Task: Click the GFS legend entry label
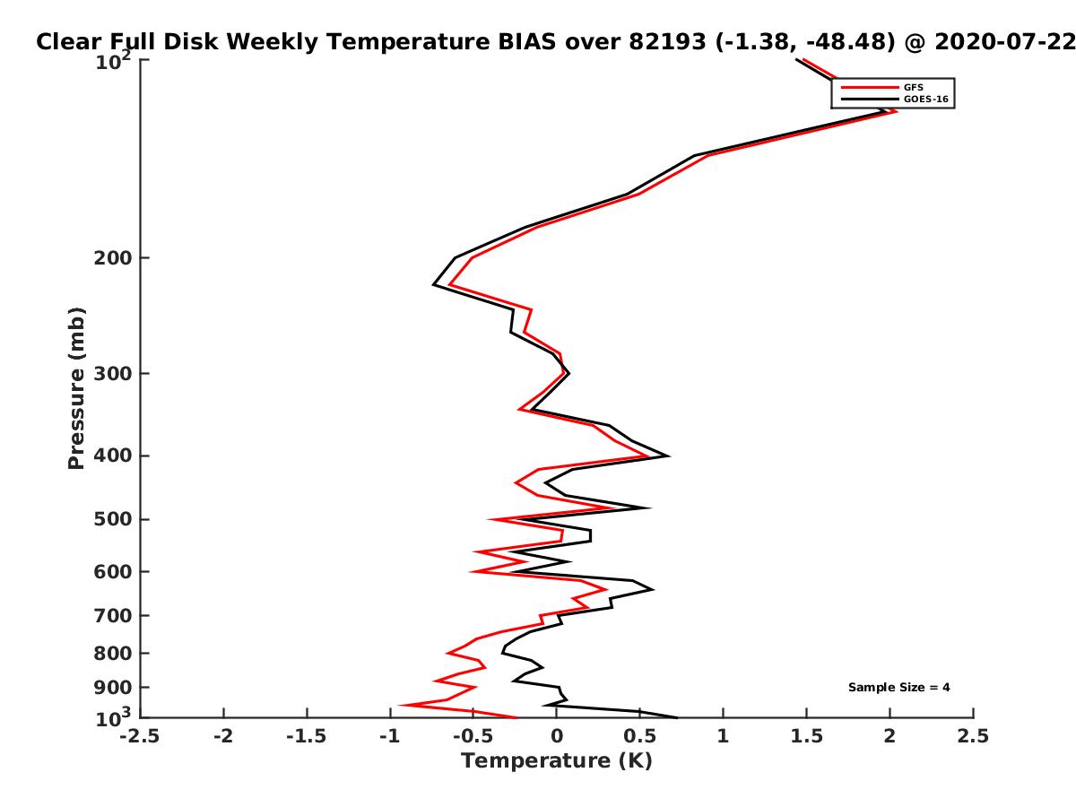(x=913, y=87)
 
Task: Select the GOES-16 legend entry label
(x=926, y=99)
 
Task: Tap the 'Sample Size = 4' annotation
(x=898, y=688)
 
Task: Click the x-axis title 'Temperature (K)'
(x=557, y=761)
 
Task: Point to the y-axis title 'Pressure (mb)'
(x=76, y=388)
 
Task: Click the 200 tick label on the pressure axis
(x=113, y=258)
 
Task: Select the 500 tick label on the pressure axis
(x=113, y=519)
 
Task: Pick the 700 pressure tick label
(x=113, y=616)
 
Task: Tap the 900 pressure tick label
(x=113, y=688)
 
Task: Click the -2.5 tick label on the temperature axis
(x=140, y=736)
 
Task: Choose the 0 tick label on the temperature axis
(x=557, y=736)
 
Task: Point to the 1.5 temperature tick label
(x=806, y=736)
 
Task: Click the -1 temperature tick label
(x=390, y=736)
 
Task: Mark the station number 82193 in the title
(x=668, y=42)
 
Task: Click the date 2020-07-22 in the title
(x=1005, y=42)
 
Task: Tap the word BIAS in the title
(x=527, y=42)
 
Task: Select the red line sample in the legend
(x=870, y=87)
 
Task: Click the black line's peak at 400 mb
(x=668, y=456)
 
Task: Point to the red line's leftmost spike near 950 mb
(x=401, y=705)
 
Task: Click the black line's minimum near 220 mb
(x=433, y=284)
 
